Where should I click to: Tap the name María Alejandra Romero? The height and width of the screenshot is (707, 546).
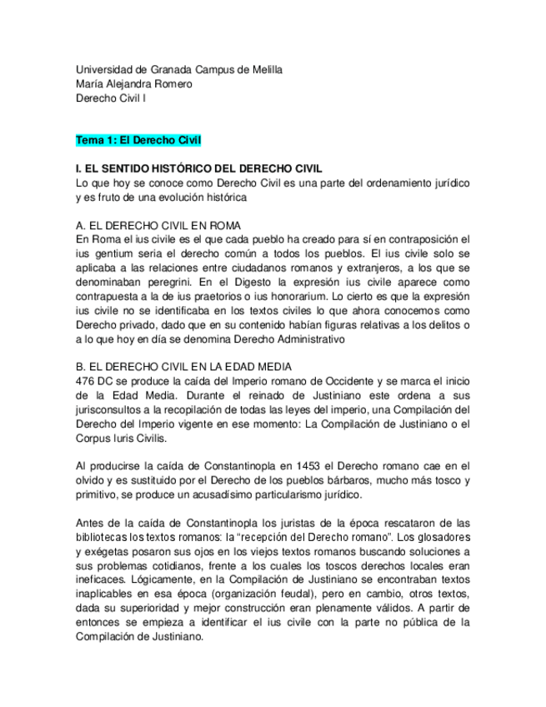(x=133, y=83)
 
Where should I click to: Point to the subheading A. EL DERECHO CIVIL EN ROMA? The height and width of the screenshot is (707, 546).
(x=158, y=225)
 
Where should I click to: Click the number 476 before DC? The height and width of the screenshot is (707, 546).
(x=85, y=381)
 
